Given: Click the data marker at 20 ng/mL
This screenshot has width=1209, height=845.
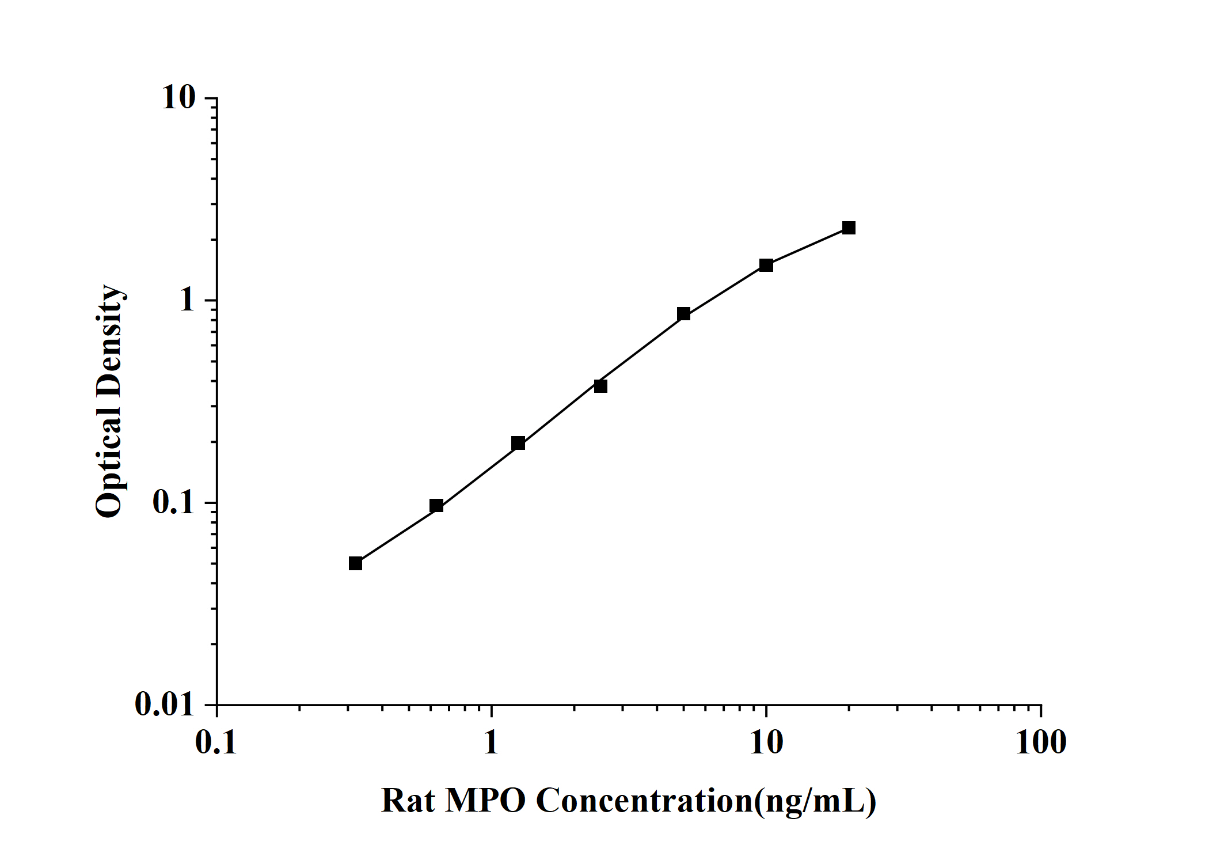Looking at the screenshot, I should click(849, 228).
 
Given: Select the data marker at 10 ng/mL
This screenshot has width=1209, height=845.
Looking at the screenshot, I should click(766, 266).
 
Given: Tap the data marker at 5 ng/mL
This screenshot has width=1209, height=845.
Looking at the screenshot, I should click(683, 314).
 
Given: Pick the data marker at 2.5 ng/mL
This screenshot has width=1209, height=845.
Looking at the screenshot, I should click(600, 386).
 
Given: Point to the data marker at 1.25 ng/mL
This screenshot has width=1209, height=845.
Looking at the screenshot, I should click(518, 443).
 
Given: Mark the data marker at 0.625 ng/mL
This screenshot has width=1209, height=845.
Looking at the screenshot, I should click(436, 506).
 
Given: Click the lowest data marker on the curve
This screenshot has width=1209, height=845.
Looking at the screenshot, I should click(355, 563).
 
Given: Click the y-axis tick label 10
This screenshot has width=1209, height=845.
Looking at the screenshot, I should click(179, 98).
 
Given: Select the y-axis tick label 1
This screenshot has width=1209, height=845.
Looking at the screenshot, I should click(188, 300).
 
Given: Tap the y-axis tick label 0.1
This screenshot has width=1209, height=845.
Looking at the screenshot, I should click(174, 502).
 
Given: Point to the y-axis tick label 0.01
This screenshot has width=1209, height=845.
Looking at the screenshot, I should click(166, 704).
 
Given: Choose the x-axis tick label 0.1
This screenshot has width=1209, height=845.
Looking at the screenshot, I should click(216, 742).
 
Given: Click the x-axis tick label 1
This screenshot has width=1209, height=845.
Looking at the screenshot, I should click(491, 742).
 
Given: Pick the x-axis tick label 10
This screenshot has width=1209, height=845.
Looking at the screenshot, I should click(766, 742).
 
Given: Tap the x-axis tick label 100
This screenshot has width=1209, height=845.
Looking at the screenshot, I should click(1040, 742).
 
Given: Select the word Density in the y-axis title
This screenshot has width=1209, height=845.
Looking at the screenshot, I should click(109, 340).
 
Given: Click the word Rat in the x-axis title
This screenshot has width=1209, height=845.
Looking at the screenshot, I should click(408, 801).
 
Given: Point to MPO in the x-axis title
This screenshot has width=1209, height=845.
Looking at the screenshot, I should click(485, 801).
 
